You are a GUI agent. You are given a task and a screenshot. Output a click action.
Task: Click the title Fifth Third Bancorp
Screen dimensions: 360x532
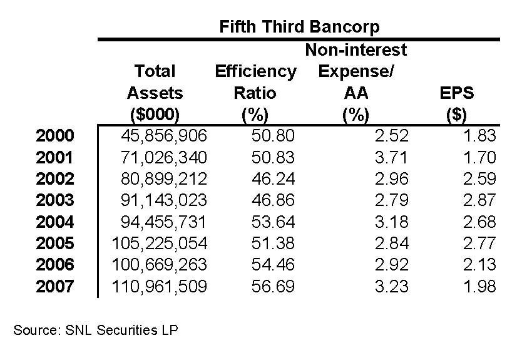pyautogui.click(x=299, y=27)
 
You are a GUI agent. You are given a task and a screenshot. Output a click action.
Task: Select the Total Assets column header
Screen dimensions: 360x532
pyautogui.click(x=155, y=93)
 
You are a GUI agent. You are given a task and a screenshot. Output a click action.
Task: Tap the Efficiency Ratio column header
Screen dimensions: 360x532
pyautogui.click(x=255, y=93)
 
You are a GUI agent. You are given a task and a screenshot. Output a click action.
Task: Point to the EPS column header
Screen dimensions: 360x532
pyautogui.click(x=457, y=104)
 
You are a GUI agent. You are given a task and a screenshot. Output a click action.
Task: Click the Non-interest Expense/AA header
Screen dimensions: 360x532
pyautogui.click(x=356, y=82)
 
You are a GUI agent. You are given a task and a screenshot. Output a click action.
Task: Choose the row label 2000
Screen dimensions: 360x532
pyautogui.click(x=55, y=136)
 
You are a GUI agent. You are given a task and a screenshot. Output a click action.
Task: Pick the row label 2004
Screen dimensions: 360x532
pyautogui.click(x=55, y=222)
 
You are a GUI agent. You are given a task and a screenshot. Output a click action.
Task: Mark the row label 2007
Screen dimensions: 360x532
pyautogui.click(x=55, y=287)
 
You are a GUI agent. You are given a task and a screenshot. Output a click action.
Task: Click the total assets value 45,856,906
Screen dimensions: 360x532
pyautogui.click(x=164, y=136)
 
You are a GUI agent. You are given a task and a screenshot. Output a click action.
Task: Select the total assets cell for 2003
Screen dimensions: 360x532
pyautogui.click(x=164, y=200)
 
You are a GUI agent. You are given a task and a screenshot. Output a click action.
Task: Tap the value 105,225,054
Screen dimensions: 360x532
pyautogui.click(x=160, y=244)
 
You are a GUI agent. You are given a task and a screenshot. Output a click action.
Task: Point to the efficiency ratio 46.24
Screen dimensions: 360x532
pyautogui.click(x=273, y=179)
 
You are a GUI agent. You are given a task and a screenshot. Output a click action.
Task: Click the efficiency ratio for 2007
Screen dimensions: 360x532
pyautogui.click(x=273, y=287)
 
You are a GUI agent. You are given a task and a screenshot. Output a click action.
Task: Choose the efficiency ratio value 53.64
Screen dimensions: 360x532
pyautogui.click(x=273, y=222)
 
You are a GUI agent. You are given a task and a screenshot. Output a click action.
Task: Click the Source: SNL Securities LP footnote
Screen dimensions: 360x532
pyautogui.click(x=96, y=330)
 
